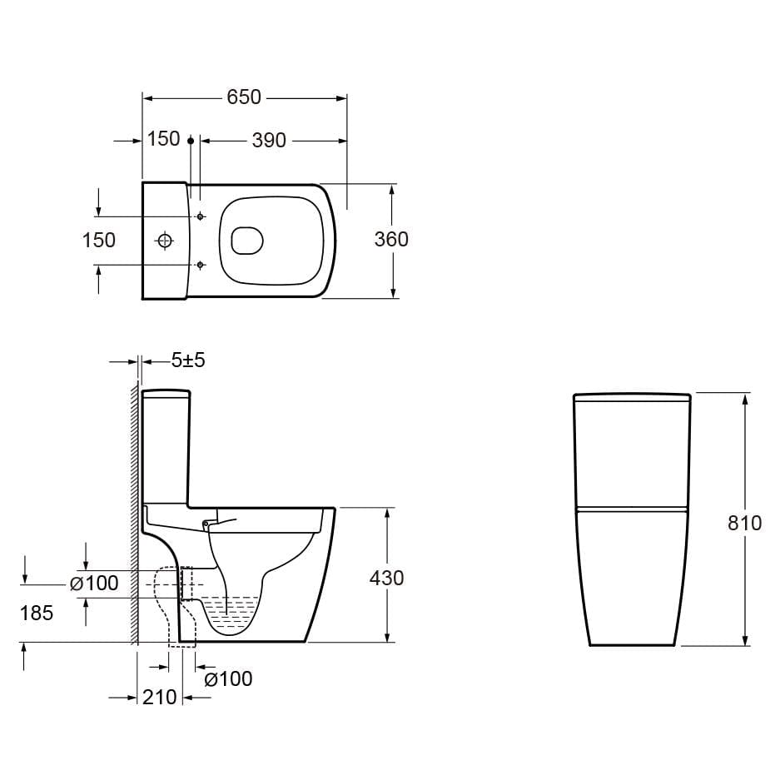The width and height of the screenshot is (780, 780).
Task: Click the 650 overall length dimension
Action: point(244,97)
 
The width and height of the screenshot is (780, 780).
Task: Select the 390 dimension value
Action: point(269,141)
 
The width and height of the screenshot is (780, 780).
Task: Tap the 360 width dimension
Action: point(391,240)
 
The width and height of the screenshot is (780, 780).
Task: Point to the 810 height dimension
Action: point(744,523)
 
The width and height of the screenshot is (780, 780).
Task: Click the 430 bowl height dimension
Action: point(386,578)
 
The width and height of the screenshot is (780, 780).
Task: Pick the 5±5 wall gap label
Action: point(188,360)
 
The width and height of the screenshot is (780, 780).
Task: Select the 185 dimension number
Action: point(37,614)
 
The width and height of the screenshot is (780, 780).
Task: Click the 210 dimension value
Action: point(160,697)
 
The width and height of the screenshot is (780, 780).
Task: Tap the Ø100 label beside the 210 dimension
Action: point(228,679)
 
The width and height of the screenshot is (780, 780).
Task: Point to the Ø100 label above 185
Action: point(94,584)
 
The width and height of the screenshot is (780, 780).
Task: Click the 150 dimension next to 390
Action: point(164,139)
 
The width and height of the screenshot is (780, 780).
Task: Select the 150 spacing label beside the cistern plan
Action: point(99,240)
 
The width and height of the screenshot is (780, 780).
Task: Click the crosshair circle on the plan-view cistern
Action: point(165,241)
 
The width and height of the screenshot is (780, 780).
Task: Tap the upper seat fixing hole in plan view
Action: point(200,216)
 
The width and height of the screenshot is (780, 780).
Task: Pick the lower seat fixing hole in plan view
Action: point(200,265)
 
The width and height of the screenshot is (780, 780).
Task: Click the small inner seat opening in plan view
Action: point(246,241)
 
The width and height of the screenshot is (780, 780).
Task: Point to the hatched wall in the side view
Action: point(133,516)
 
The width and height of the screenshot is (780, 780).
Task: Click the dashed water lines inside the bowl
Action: point(232,612)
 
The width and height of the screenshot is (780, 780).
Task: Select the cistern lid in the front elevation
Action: point(632,399)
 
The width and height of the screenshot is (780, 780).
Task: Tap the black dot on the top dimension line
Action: point(191,141)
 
